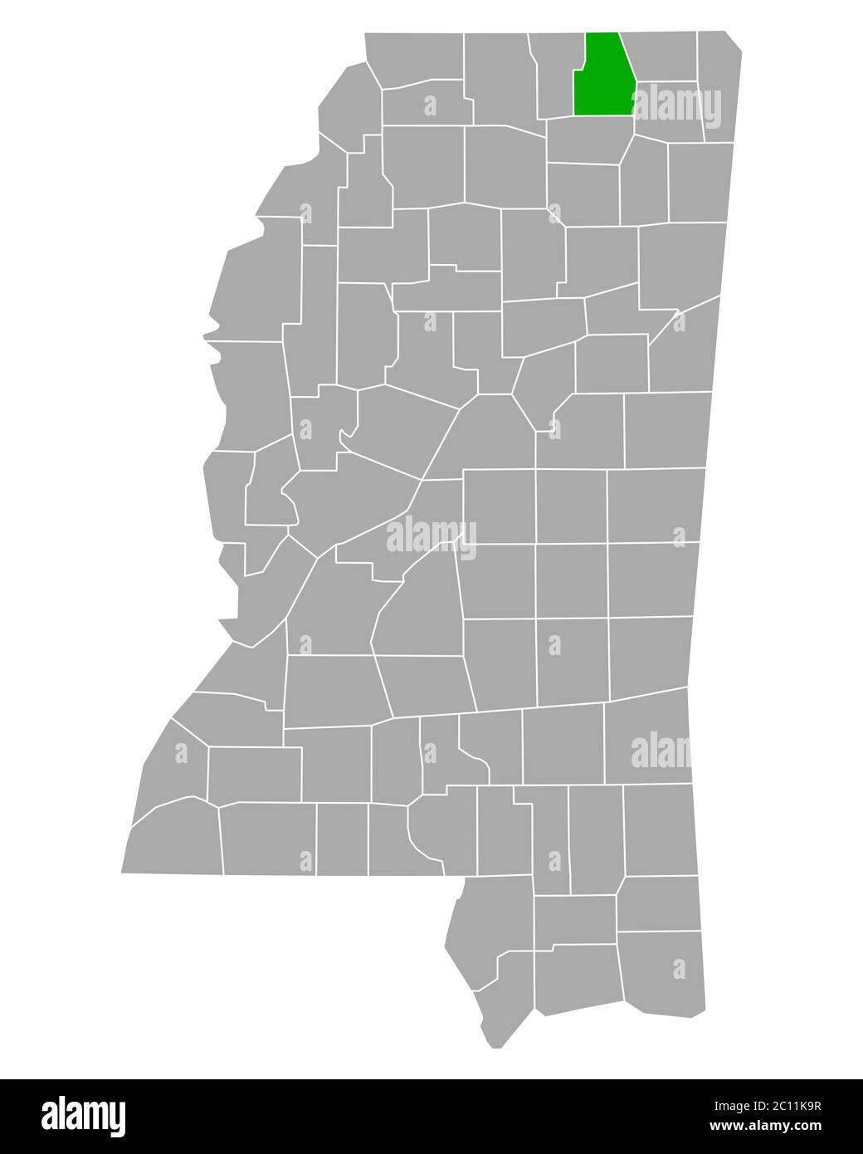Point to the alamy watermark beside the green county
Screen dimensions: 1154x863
pos(676,108)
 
